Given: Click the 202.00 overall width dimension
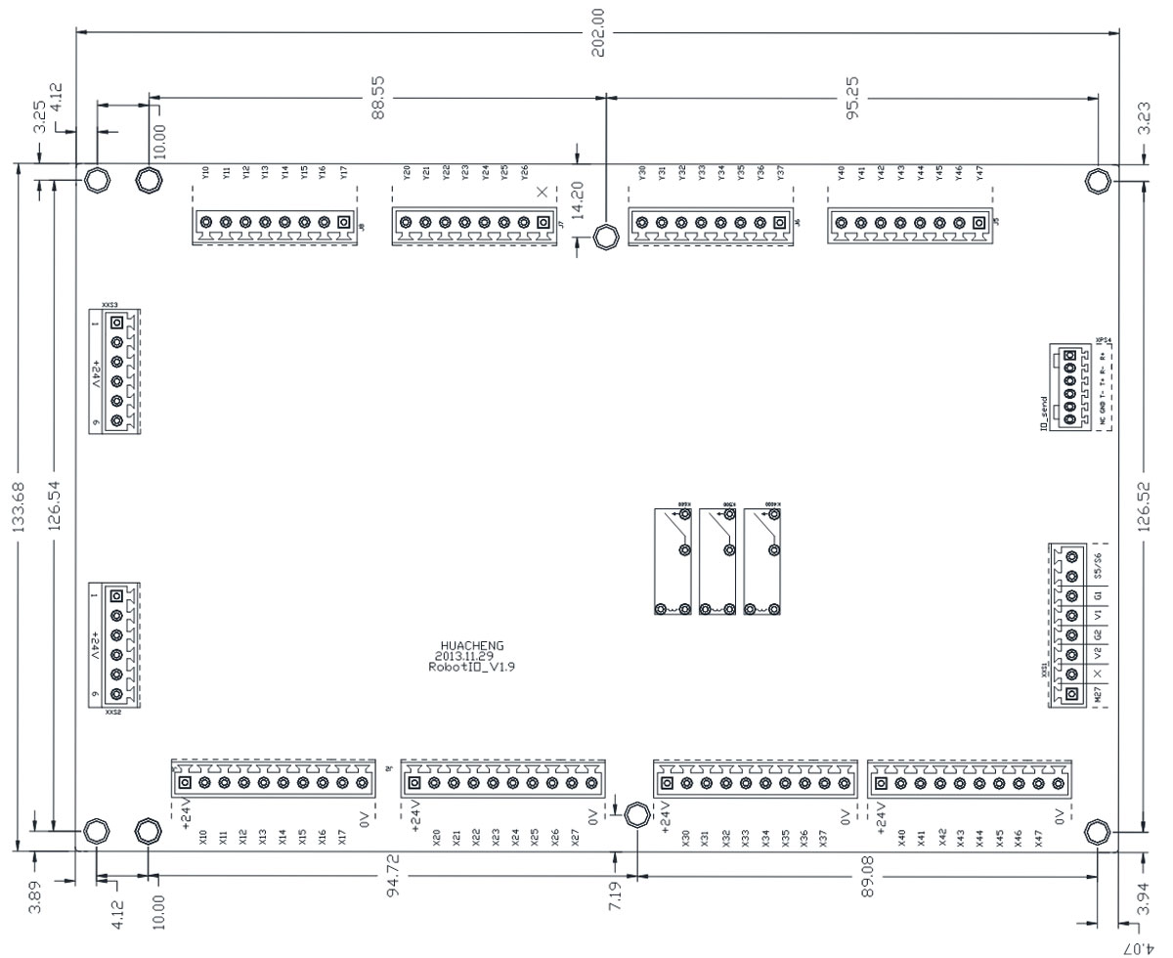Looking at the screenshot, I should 598,33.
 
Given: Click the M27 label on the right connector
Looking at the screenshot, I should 1100,694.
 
